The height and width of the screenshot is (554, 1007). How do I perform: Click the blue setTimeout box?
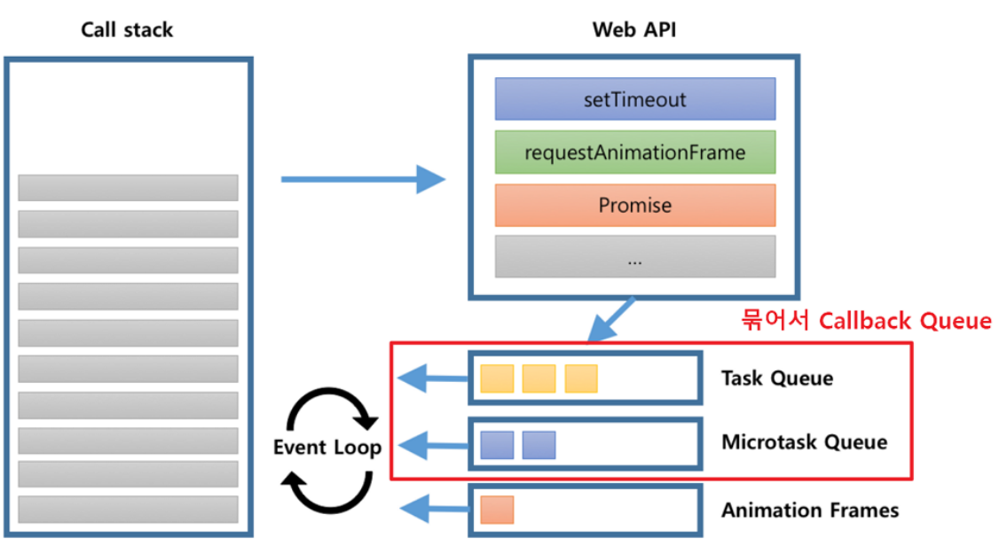[x=635, y=99]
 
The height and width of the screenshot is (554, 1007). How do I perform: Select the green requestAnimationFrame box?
[x=635, y=152]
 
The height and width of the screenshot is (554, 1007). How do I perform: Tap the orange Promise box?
[x=635, y=206]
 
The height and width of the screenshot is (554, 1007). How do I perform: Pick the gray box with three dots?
[x=635, y=257]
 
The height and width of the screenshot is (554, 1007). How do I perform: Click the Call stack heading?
[x=127, y=30]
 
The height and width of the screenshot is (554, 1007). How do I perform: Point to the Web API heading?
[x=633, y=29]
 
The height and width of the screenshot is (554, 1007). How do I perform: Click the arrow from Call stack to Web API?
[x=363, y=179]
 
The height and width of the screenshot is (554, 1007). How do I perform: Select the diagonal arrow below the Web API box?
[x=610, y=319]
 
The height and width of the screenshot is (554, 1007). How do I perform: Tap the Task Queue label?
[x=777, y=378]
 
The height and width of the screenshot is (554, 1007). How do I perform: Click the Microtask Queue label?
[x=804, y=441]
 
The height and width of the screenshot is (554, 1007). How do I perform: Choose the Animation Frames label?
[x=810, y=510]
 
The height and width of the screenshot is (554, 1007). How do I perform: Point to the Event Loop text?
[x=326, y=447]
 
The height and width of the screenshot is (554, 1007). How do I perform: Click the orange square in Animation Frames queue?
[x=497, y=510]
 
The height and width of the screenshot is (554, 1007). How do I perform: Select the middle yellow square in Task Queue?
[x=539, y=378]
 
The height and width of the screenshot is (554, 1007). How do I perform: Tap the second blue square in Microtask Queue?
[x=539, y=445]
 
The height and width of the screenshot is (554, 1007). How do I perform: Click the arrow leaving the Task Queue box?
[x=434, y=378]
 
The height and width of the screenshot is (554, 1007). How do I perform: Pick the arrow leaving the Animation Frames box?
[x=435, y=509]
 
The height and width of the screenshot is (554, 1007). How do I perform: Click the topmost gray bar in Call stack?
[x=129, y=187]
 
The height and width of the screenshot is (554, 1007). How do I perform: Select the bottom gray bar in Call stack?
[x=129, y=509]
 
